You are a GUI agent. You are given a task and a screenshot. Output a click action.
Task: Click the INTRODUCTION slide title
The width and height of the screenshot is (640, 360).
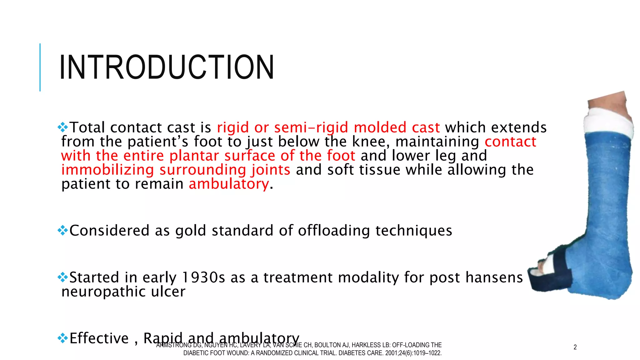pyautogui.click(x=167, y=67)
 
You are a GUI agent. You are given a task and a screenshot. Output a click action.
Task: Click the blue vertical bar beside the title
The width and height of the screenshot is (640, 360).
pyautogui.click(x=40, y=67)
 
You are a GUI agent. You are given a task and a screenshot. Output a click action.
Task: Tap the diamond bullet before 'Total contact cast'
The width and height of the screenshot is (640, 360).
pyautogui.click(x=63, y=127)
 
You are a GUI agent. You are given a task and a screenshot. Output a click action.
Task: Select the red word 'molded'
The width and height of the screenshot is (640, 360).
pyautogui.click(x=380, y=127)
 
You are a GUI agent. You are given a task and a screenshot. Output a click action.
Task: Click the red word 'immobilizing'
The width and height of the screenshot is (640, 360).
pyautogui.click(x=107, y=170)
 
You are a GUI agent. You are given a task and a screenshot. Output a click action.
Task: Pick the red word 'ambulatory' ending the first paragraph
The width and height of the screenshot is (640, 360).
pyautogui.click(x=228, y=184)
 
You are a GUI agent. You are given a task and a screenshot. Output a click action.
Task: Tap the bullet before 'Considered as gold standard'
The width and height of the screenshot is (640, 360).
pyautogui.click(x=63, y=231)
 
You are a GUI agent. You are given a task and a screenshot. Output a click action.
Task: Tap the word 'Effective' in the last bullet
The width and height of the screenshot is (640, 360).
pyautogui.click(x=99, y=338)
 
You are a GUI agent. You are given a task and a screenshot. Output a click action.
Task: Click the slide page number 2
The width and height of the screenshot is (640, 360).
pyautogui.click(x=575, y=347)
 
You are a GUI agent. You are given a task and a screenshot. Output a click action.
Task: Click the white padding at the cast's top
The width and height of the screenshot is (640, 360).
pyautogui.click(x=608, y=122)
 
